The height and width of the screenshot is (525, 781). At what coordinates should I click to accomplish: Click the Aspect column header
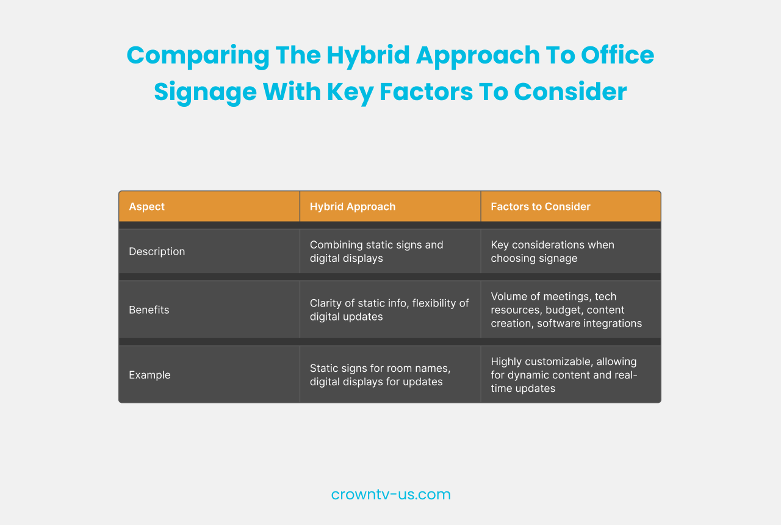coord(147,206)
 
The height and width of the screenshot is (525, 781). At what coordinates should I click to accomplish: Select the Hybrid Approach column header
coord(352,206)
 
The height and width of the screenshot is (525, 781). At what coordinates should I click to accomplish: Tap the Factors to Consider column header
coord(540,206)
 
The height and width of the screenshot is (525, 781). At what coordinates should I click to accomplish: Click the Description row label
coord(157,251)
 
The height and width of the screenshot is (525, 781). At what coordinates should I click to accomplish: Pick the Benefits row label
coord(149,310)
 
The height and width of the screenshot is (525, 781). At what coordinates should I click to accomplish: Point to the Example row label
coord(149,375)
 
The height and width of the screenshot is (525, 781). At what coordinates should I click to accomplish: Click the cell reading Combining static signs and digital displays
coord(376,251)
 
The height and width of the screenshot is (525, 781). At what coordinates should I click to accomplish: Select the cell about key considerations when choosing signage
coord(552,251)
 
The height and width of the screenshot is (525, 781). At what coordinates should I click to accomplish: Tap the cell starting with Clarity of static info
coord(389,310)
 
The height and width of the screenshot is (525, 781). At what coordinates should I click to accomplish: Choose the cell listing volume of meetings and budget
coord(566,310)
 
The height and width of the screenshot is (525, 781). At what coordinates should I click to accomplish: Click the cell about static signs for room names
coord(381,375)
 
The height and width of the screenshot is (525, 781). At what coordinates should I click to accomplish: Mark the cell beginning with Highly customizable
coord(564,375)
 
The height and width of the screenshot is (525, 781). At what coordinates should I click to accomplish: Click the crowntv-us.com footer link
coord(390,494)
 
